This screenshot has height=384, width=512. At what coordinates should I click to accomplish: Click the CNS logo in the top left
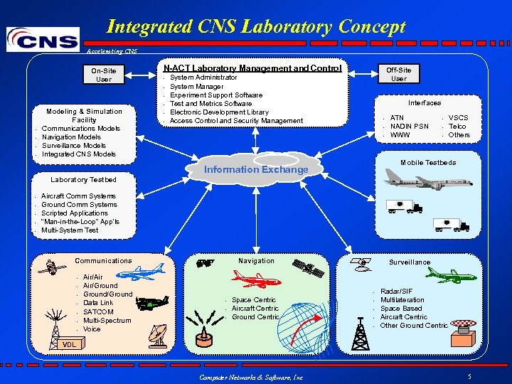(x=43, y=38)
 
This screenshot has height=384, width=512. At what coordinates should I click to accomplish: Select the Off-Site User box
(x=399, y=74)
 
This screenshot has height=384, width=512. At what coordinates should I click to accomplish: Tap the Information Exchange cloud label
(x=256, y=169)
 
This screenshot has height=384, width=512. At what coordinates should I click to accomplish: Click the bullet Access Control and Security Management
(x=236, y=121)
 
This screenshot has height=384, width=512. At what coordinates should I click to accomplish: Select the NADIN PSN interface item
(x=410, y=126)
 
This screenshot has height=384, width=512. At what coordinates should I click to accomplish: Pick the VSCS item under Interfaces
(x=459, y=117)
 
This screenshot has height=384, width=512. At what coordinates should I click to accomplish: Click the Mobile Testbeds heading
(x=428, y=163)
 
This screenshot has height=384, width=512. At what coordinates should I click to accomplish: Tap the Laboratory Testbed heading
(x=83, y=179)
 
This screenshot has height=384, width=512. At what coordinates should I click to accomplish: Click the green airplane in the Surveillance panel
(x=452, y=274)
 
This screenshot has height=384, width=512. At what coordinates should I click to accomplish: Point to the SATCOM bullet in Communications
(x=98, y=311)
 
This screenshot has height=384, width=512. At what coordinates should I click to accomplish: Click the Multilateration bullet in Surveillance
(x=402, y=299)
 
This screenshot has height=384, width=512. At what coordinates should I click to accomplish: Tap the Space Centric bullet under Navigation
(x=254, y=300)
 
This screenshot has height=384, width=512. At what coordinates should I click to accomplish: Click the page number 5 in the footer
(x=469, y=375)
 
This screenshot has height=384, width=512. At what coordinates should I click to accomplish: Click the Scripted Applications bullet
(x=75, y=213)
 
